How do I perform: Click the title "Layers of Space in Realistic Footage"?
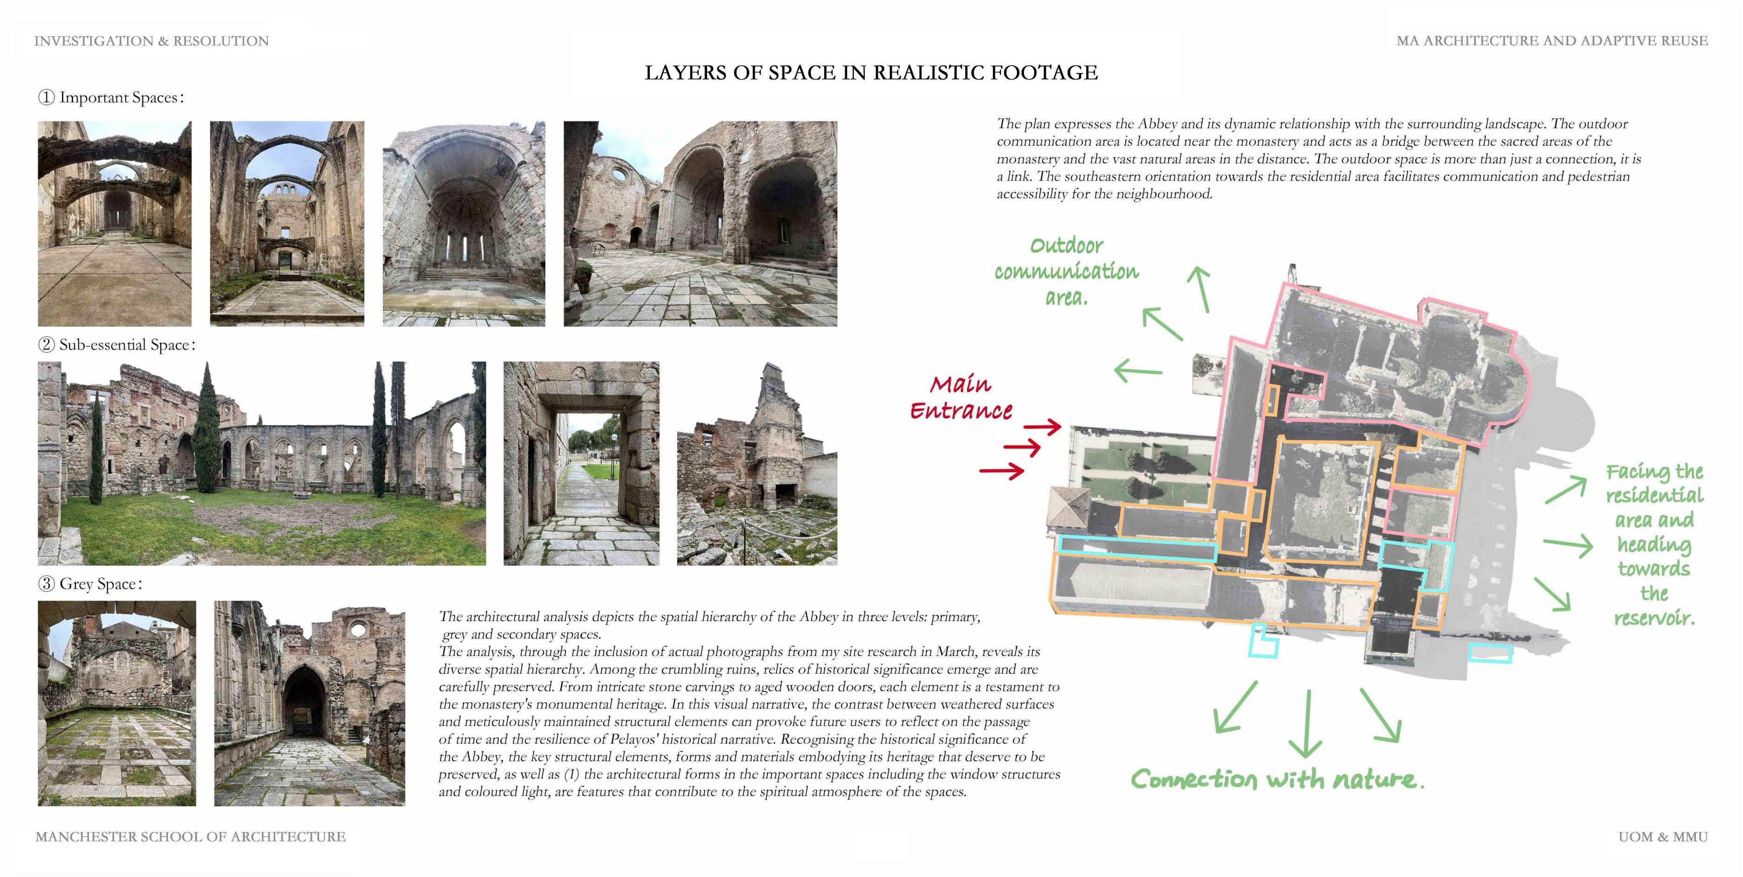(871, 73)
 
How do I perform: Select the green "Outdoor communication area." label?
(1066, 271)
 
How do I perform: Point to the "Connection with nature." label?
(1277, 780)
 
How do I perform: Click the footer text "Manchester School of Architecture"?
(190, 837)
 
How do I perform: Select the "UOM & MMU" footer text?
(1662, 837)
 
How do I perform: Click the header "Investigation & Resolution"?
(152, 41)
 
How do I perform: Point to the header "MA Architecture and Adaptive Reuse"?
(1552, 41)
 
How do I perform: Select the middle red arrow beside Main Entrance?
(1022, 448)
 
